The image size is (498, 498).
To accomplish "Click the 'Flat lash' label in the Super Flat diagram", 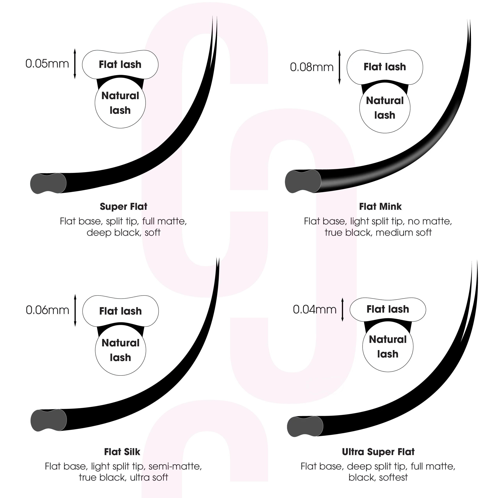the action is tap(120, 64).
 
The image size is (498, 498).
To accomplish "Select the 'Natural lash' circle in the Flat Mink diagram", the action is tap(385, 108).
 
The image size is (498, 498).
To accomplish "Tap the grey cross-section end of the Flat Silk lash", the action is tap(48, 420).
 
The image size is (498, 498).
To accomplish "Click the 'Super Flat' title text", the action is tap(124, 206).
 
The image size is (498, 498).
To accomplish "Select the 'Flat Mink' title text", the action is tap(381, 206).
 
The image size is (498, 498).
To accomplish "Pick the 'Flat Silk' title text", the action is tap(122, 452).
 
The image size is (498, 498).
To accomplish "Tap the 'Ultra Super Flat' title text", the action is tap(378, 452).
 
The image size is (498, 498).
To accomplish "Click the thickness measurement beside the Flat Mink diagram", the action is tap(312, 67).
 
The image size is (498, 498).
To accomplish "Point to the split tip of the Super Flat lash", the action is tap(214, 26).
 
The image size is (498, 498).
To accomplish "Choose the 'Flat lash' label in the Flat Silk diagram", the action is tap(120, 311).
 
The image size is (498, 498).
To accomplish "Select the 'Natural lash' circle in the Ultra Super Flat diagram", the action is tap(388, 347).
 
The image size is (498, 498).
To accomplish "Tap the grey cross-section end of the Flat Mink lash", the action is tap(303, 181).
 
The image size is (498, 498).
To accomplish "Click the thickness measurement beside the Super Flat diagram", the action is tap(47, 64).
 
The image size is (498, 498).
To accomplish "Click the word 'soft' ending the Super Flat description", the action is tap(153, 232).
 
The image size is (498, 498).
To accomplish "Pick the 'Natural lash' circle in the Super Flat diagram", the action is tap(120, 103).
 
